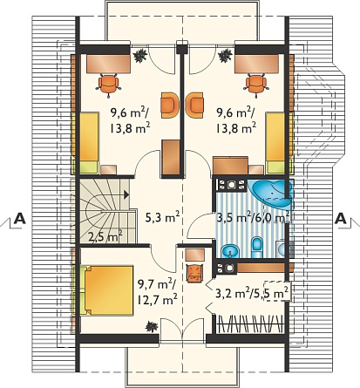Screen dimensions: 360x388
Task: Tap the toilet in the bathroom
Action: tap(256, 248)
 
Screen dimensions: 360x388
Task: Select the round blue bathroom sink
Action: tap(230, 251)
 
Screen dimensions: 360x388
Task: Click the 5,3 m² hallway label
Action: tap(162, 217)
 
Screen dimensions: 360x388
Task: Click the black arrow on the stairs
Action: tap(126, 194)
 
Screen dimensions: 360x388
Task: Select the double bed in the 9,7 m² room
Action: tap(107, 290)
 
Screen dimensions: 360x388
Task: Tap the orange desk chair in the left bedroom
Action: tap(109, 85)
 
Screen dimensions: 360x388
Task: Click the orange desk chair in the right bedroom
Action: tap(256, 84)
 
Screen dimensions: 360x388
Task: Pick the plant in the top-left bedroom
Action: tap(140, 55)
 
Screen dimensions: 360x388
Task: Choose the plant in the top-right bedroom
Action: tap(225, 55)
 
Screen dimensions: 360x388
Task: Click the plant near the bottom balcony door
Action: tap(152, 326)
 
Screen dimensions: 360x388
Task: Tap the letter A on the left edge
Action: tap(20, 219)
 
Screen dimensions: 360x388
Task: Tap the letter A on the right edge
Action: tap(341, 219)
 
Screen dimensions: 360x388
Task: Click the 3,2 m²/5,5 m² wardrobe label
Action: tap(252, 293)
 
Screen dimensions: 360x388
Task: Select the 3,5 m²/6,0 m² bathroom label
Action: tap(253, 217)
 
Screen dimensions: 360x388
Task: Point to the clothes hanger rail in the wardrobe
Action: tap(250, 323)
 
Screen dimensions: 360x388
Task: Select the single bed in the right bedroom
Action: tap(276, 143)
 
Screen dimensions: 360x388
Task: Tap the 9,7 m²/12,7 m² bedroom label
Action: tap(157, 292)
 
